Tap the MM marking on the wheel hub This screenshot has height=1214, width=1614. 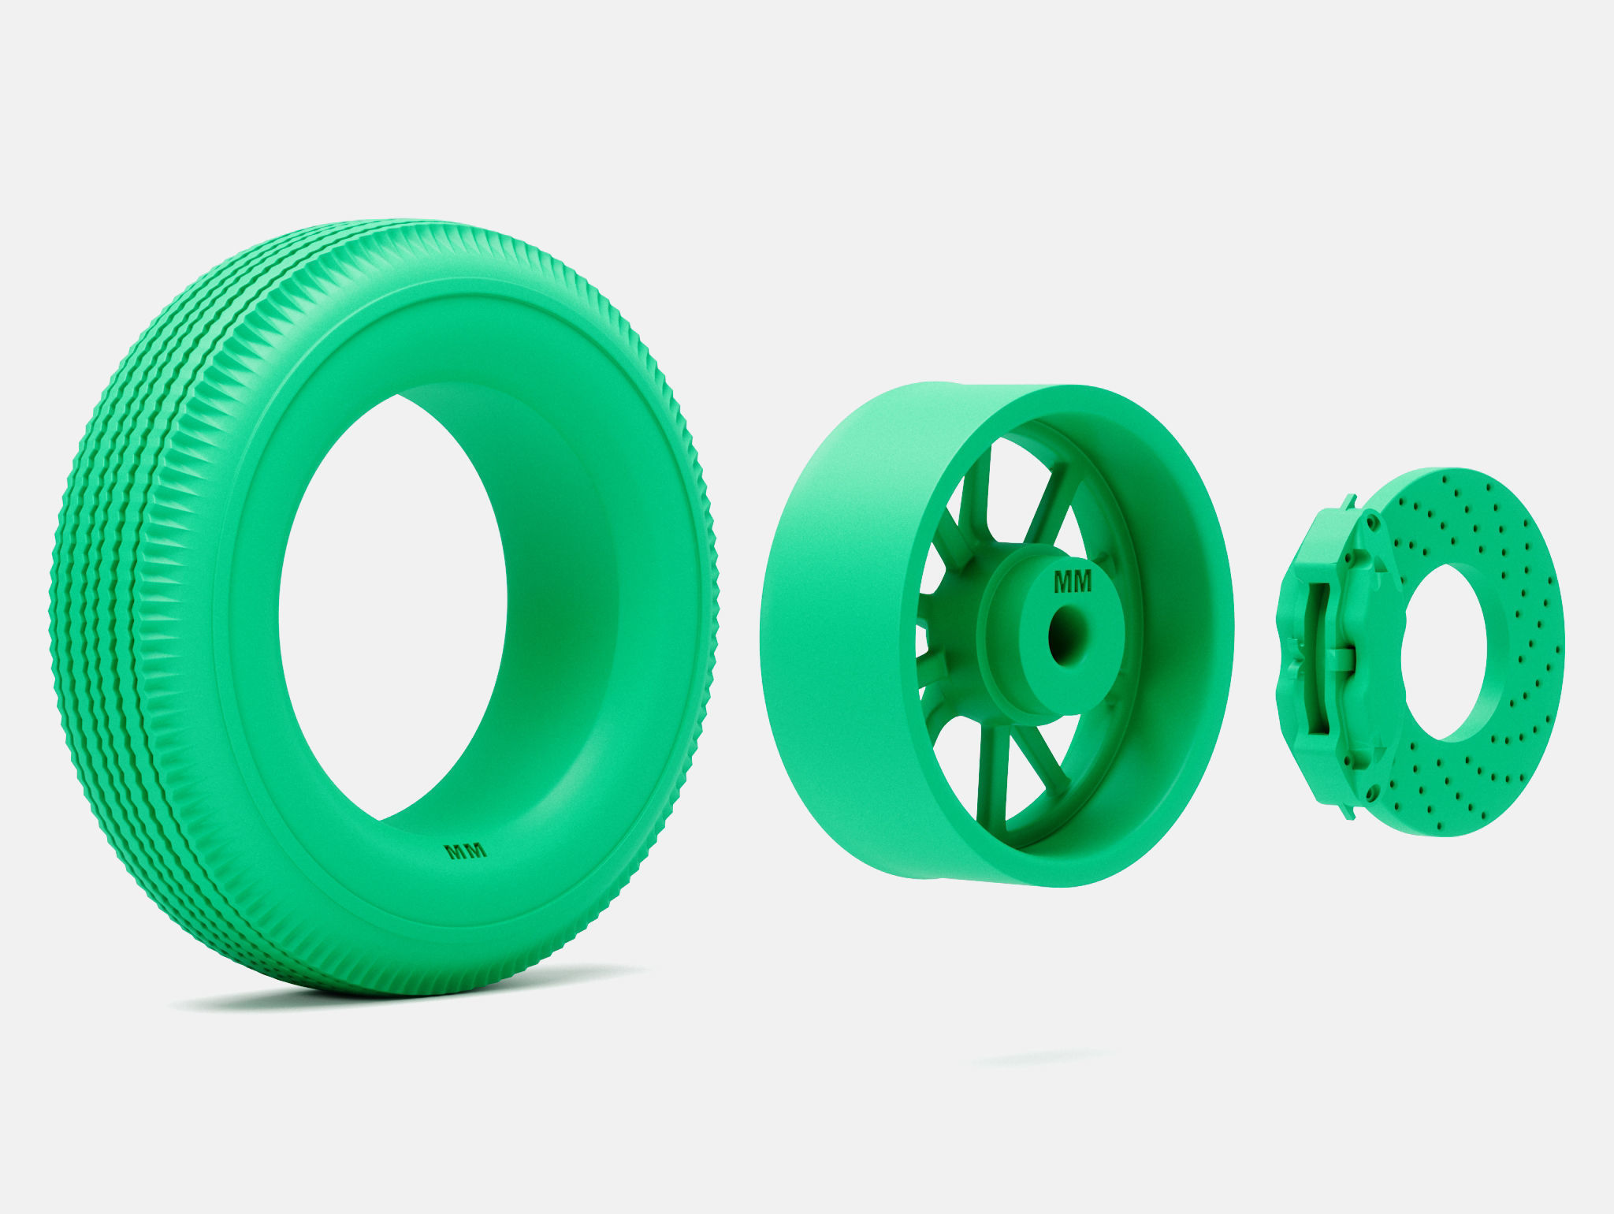click(x=1073, y=582)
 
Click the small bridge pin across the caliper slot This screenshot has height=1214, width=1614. click(x=1340, y=659)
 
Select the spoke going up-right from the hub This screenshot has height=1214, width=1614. click(x=1048, y=505)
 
